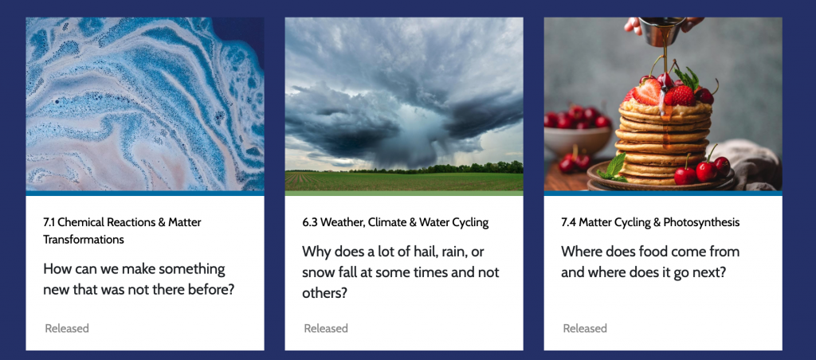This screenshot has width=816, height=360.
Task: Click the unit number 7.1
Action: (x=49, y=223)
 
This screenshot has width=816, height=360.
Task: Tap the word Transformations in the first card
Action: (x=84, y=240)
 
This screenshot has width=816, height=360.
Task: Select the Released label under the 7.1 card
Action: (x=67, y=328)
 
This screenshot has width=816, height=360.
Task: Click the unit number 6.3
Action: (x=310, y=223)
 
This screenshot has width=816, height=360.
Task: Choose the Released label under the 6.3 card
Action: (x=326, y=328)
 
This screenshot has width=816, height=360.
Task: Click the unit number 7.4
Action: (x=569, y=223)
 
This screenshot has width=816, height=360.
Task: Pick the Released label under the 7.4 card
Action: (x=585, y=328)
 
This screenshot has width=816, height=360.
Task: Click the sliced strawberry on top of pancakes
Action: (x=646, y=92)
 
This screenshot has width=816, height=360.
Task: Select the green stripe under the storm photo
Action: (x=404, y=193)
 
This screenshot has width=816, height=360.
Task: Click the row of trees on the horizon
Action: (x=437, y=168)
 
